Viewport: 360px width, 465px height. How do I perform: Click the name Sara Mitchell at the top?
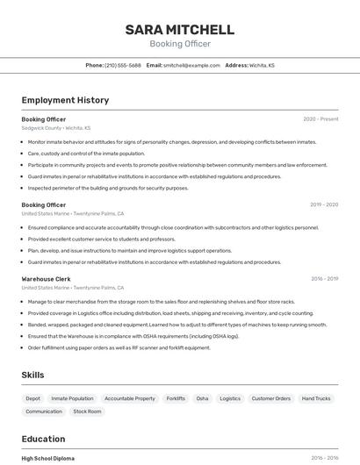(179, 30)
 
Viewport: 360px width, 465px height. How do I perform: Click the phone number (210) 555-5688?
(123, 65)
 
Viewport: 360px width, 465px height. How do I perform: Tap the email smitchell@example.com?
(191, 65)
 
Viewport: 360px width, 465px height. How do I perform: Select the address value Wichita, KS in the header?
(262, 65)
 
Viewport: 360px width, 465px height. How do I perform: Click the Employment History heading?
(65, 100)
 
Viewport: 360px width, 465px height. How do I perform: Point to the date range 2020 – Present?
(320, 119)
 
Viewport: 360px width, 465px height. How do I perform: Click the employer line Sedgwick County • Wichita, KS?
(56, 128)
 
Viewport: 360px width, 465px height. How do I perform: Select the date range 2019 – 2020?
(324, 204)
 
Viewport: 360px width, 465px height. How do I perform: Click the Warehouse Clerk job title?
(46, 279)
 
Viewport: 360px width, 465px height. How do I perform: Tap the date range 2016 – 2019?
(324, 279)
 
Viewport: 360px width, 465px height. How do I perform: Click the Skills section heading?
(33, 375)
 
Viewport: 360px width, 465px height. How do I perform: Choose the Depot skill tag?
(32, 398)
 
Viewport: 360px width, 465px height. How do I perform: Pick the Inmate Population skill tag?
(72, 398)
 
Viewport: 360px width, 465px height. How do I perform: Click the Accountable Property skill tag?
(130, 398)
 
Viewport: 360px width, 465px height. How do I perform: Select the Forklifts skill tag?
(176, 398)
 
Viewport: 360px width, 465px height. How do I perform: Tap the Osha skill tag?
(203, 398)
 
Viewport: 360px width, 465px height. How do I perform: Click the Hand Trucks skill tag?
(316, 398)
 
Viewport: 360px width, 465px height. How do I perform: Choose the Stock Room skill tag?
(87, 411)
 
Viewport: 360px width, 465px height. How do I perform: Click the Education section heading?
(43, 439)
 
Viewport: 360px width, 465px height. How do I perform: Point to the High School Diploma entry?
(48, 458)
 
